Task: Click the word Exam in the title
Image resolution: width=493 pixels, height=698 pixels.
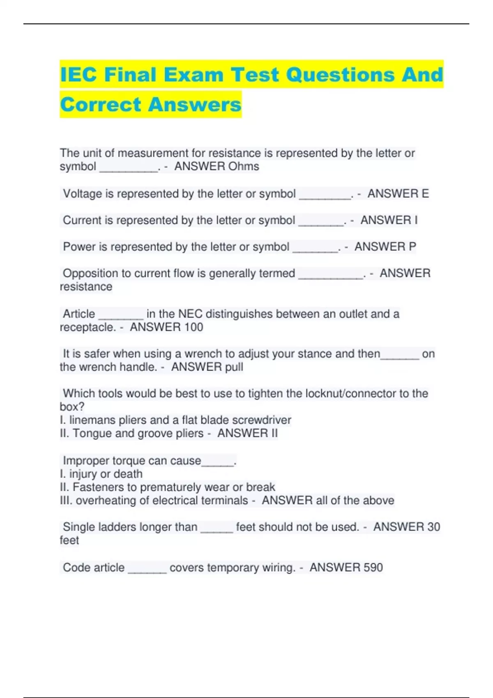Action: [193, 75]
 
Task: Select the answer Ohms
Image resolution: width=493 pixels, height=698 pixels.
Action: [244, 166]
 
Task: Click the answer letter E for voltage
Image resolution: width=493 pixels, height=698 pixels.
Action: [425, 193]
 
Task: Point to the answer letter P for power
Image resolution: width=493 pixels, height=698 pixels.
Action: [412, 246]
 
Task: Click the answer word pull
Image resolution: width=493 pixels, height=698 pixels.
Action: [234, 367]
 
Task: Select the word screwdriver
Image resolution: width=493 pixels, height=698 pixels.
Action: [262, 420]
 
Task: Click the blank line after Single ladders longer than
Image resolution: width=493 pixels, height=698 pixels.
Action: [217, 530]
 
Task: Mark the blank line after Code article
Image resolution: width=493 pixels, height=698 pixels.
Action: [147, 570]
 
